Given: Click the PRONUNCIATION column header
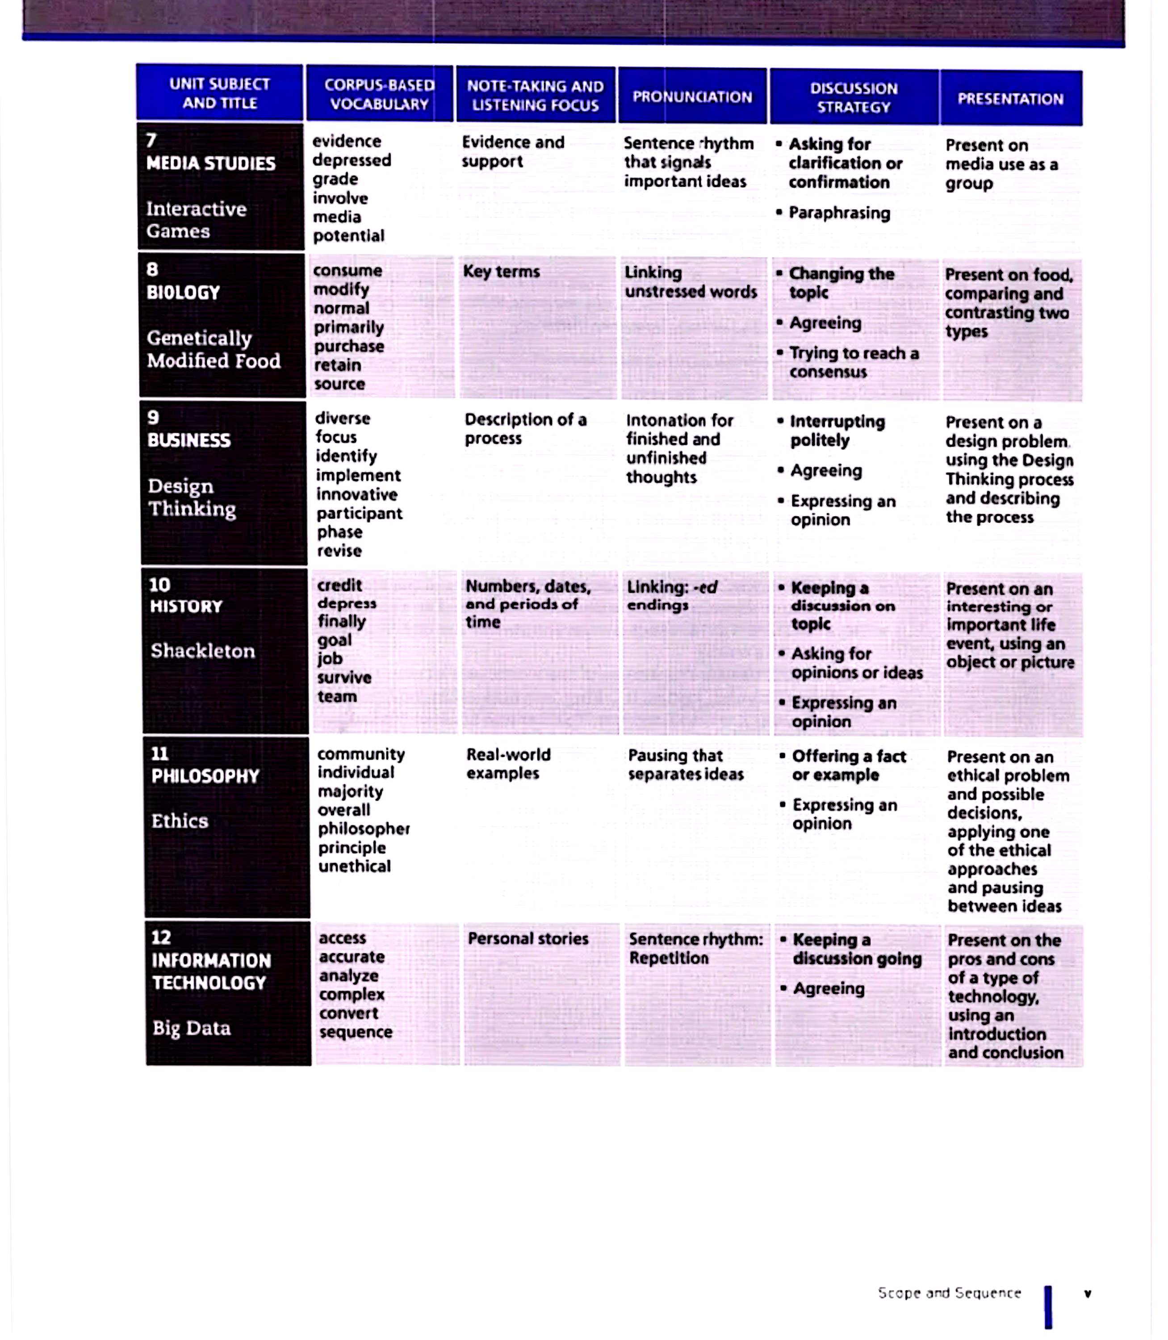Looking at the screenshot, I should coord(692,97).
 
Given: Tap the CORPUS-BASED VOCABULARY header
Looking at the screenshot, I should coord(379,95).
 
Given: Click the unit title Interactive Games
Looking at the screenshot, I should coord(196,220).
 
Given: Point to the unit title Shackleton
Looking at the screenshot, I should coord(203,650).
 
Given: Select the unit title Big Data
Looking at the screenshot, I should coord(192,1028).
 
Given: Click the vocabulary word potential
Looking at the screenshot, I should coord(349,236).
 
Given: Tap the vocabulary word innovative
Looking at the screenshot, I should coord(356,494).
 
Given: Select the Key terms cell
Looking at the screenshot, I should coord(501,272).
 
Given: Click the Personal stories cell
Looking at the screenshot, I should coord(528,938).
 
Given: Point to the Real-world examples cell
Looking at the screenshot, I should coord(508,764).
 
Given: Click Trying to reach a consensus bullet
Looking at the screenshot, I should coord(854,362).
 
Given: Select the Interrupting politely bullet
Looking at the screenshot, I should coord(837,431).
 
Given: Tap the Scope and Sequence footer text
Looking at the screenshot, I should coord(949,1292).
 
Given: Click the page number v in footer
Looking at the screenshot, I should coord(1087,1294).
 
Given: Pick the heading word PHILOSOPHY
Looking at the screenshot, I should coord(205,776).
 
